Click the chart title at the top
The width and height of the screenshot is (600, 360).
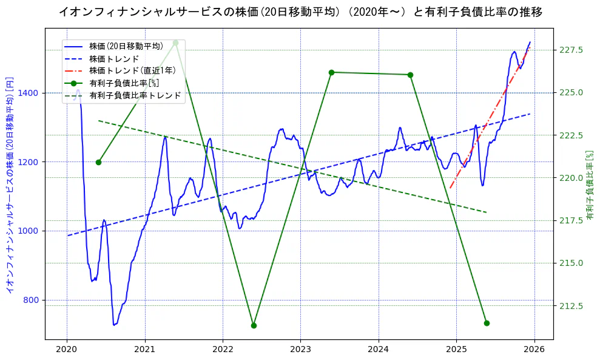click(300, 12)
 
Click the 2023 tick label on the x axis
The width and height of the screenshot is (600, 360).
click(300, 350)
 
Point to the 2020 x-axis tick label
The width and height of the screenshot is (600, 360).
click(67, 350)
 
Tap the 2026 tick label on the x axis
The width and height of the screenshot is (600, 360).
click(534, 350)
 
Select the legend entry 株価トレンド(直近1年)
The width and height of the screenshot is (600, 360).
click(132, 70)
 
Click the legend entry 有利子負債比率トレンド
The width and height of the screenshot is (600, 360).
click(135, 95)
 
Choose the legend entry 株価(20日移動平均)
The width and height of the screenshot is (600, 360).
click(126, 46)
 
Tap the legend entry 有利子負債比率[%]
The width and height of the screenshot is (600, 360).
click(124, 83)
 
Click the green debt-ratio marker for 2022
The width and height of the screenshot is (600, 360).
click(254, 325)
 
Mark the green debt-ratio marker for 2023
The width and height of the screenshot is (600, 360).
click(331, 72)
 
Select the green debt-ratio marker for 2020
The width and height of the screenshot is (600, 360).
click(98, 162)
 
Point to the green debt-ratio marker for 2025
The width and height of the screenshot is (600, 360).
click(487, 323)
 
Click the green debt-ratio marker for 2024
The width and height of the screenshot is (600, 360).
click(410, 75)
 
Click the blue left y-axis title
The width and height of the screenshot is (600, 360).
click(9, 185)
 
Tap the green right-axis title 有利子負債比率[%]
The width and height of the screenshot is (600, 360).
click(589, 185)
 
